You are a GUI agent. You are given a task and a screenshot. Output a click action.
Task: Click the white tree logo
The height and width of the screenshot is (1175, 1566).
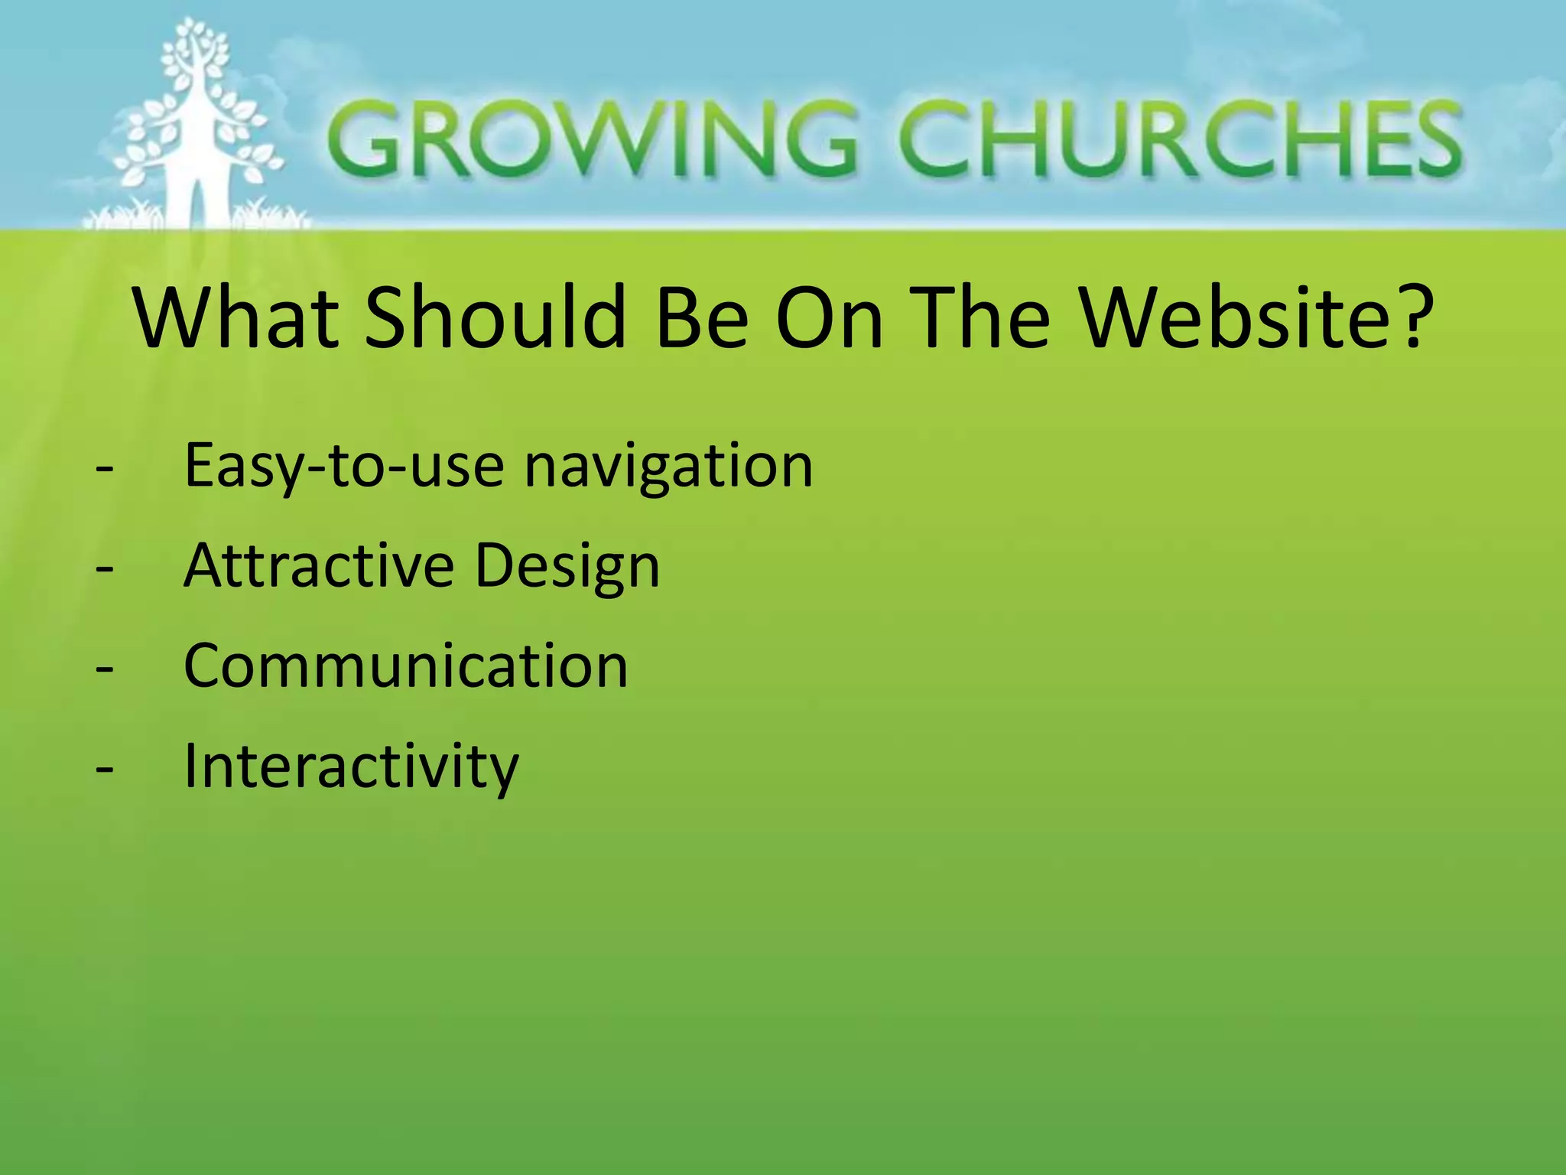[197, 126]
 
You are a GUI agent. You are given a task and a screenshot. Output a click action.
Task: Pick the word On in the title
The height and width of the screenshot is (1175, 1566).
[829, 317]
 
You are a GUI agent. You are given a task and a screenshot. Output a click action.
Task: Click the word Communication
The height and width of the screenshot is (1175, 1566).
[406, 666]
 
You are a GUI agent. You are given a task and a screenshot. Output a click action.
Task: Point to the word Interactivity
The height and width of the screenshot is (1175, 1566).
[352, 766]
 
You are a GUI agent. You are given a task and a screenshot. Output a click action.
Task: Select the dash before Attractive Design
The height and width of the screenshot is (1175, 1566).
[105, 568]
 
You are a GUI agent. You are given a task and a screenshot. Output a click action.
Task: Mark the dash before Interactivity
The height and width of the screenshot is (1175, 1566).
[105, 768]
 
